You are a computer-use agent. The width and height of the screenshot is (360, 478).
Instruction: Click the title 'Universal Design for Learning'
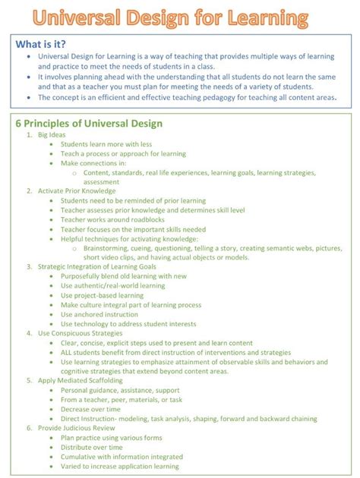180,18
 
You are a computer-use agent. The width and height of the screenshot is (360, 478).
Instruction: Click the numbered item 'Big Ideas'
52,135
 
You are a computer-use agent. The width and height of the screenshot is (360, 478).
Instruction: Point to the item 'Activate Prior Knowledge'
76,191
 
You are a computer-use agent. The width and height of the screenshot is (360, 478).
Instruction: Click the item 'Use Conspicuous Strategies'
80,332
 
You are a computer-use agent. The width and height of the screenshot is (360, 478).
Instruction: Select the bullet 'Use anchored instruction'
99,313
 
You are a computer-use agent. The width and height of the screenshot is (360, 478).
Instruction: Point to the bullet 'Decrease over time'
90,408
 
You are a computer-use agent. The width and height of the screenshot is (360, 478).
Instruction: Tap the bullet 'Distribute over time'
91,446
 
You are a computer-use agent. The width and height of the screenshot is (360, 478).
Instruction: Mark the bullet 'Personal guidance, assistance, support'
121,389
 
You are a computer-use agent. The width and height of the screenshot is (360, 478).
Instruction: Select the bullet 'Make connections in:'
93,163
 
